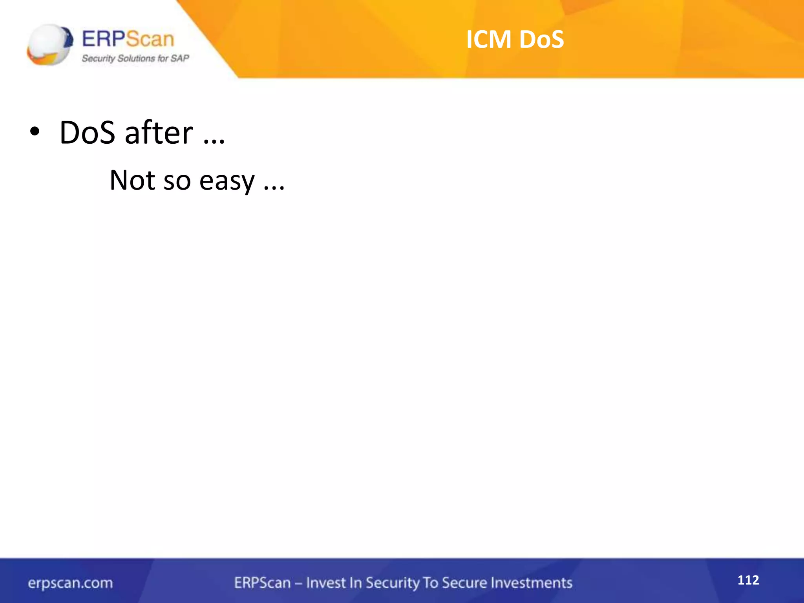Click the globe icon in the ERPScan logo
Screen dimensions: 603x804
[x=50, y=44]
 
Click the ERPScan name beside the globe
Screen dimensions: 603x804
[x=128, y=39]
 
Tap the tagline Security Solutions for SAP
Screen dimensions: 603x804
[x=135, y=58]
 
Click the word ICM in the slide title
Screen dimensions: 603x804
[x=489, y=39]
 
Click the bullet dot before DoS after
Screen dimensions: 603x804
[x=35, y=132]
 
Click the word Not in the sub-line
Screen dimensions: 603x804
[x=132, y=180]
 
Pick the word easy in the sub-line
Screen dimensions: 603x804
[x=227, y=181]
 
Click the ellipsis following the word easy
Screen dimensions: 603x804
[x=274, y=188]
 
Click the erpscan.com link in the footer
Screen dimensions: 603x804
[x=70, y=583]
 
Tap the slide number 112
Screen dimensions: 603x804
[x=748, y=580]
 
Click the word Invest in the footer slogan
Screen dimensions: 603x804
[x=325, y=583]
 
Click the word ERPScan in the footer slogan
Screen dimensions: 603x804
[x=262, y=583]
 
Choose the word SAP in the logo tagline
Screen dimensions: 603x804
[x=180, y=58]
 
